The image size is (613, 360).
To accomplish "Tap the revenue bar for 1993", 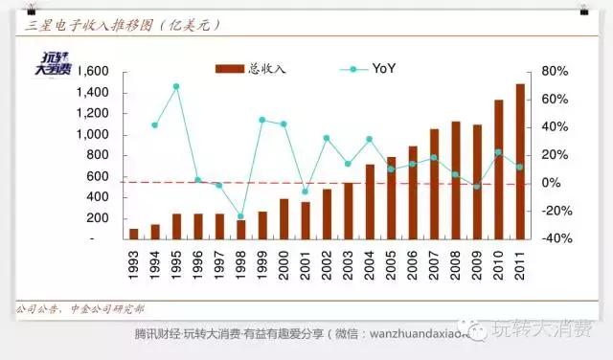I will click(133, 234).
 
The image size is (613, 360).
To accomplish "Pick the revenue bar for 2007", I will click(434, 184).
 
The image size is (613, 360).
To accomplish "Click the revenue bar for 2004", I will click(370, 201).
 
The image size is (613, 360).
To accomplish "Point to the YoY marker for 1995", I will click(176, 86).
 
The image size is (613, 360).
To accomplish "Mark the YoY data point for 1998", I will click(240, 216).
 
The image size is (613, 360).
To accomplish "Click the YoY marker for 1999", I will click(261, 120).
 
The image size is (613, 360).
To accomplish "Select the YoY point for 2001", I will click(305, 191).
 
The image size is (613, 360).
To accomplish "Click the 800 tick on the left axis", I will click(100, 155).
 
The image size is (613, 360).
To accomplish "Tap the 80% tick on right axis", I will click(555, 72).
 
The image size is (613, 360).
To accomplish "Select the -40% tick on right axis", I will click(555, 238).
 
